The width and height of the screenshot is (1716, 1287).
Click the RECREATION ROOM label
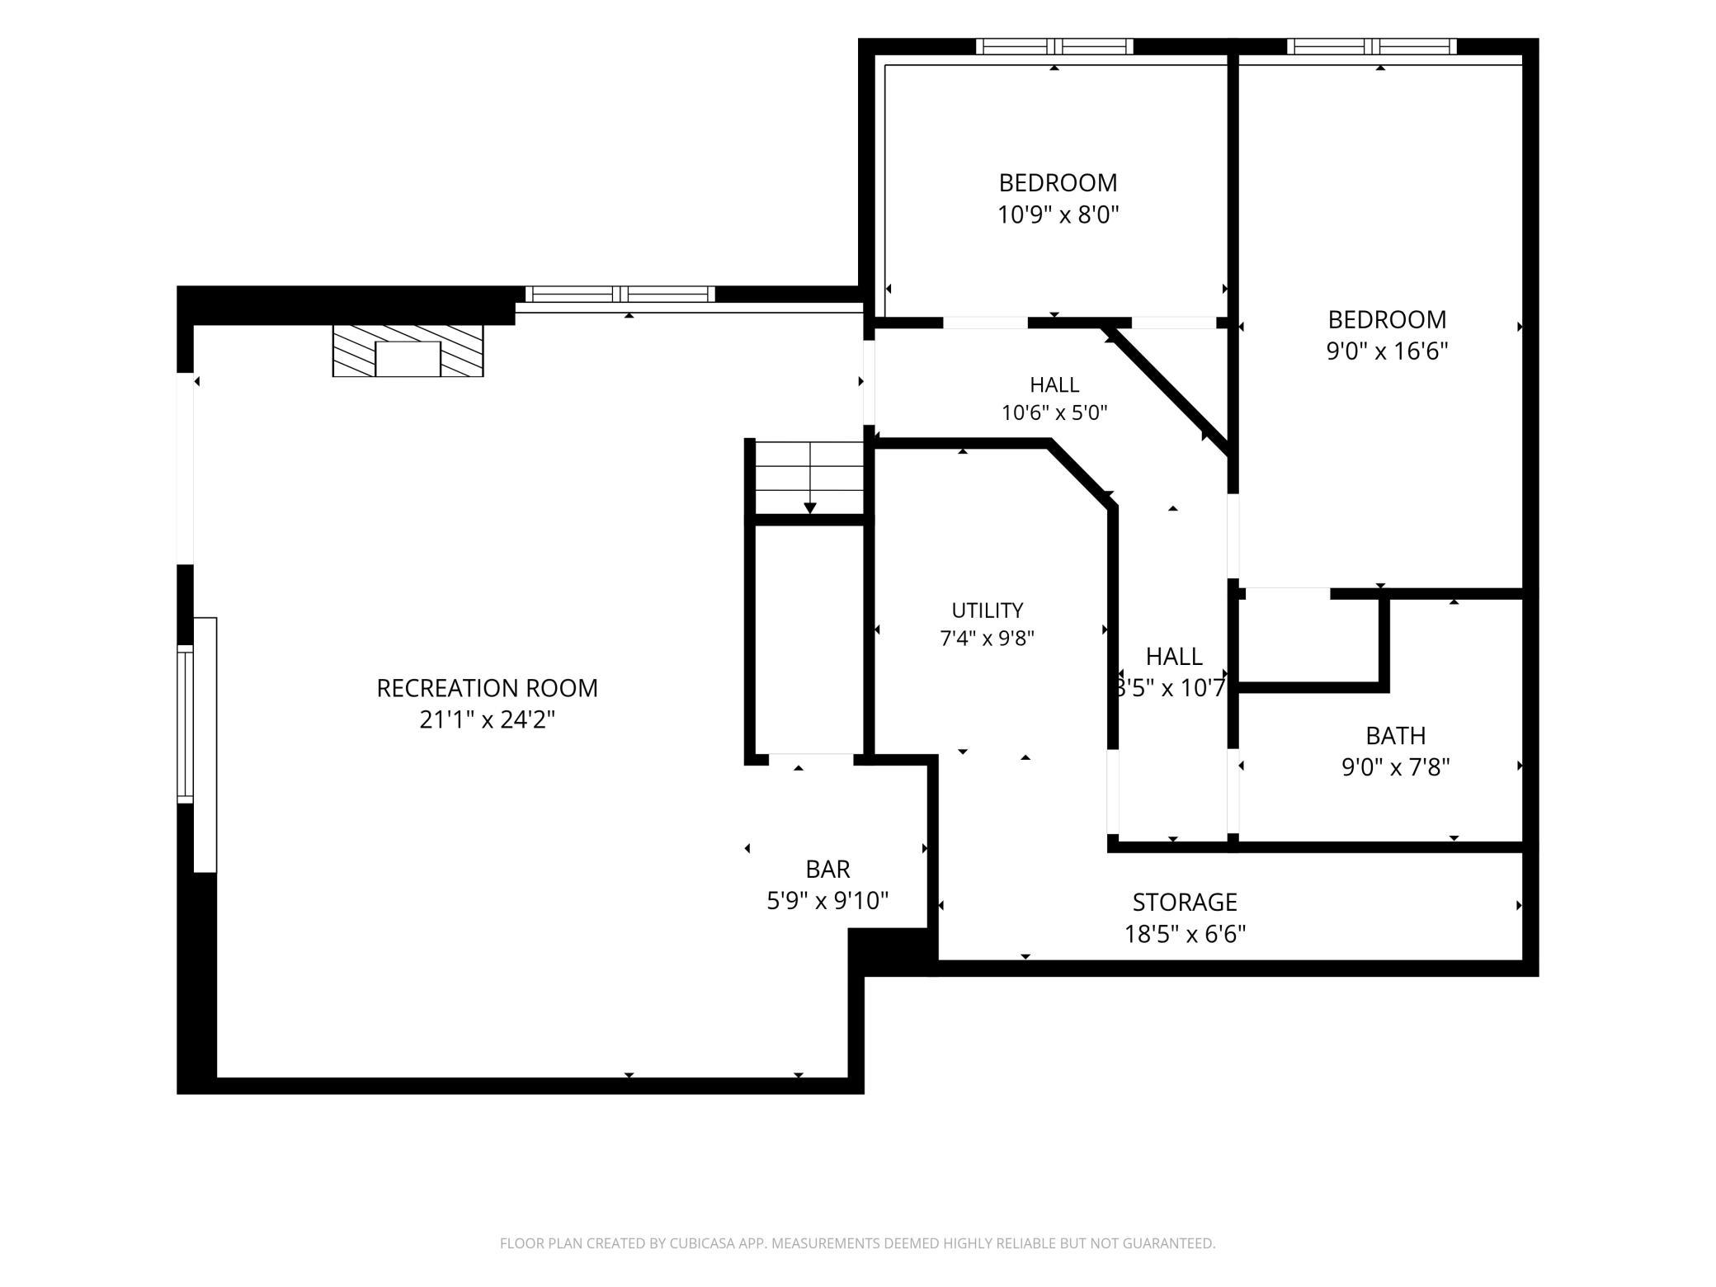(487, 688)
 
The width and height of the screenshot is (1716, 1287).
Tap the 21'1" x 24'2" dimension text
(487, 720)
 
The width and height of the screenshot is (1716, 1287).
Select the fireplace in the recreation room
(408, 351)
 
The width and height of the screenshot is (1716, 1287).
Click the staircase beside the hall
(810, 478)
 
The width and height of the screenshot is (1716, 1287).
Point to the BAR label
(827, 869)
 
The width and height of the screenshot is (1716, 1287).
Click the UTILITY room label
(987, 610)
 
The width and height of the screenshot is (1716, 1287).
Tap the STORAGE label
(1185, 902)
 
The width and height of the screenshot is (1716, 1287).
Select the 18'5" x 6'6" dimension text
(1185, 934)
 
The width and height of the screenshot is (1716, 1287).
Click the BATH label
(1395, 735)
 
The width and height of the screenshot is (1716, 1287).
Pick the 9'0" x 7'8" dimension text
(1395, 767)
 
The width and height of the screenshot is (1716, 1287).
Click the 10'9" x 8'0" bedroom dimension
(1058, 214)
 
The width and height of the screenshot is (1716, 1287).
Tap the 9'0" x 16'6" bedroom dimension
(1387, 351)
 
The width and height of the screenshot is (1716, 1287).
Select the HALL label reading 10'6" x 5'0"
(1054, 384)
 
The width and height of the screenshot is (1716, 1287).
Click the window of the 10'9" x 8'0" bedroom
(1054, 46)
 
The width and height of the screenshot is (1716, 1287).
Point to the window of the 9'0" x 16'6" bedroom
(1371, 46)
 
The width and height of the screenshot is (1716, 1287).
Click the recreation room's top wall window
(620, 294)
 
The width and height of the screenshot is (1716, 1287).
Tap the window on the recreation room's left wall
(186, 724)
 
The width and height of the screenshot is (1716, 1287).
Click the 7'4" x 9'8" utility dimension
(987, 639)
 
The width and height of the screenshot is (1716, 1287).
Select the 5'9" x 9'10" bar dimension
(827, 901)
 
